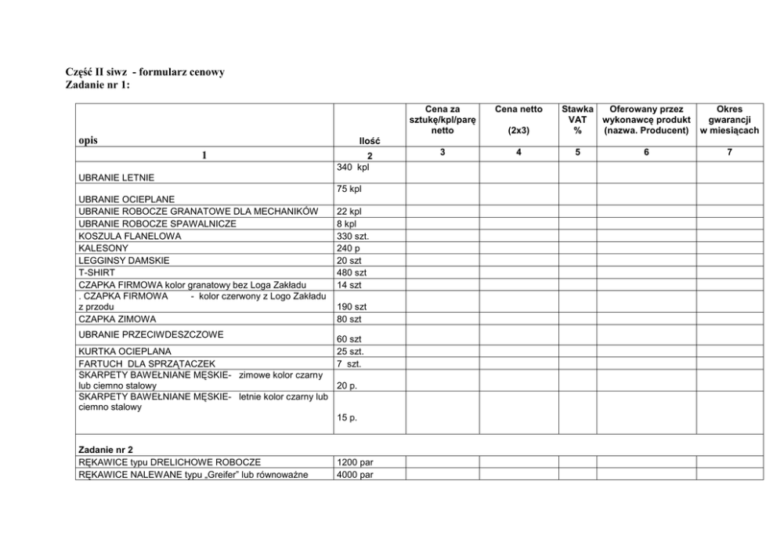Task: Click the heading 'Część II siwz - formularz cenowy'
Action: (144, 72)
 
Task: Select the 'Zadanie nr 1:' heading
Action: (97, 84)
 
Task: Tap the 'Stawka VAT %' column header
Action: (577, 120)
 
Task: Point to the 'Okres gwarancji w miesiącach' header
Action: (728, 120)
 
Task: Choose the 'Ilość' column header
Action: (368, 141)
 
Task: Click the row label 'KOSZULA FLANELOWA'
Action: (129, 236)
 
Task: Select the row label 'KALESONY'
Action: (103, 248)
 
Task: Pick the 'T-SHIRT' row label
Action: (96, 272)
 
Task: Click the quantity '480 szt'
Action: (351, 272)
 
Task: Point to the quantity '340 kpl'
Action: (352, 168)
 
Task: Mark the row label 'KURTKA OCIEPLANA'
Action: (125, 351)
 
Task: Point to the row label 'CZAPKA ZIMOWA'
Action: (117, 319)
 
